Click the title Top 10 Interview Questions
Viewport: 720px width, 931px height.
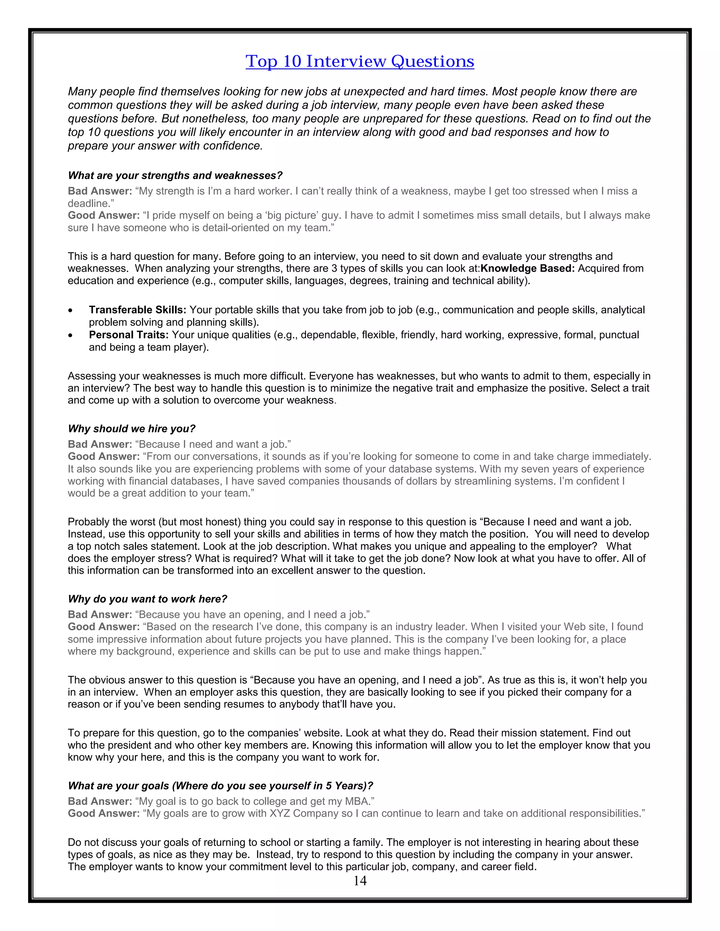[360, 61]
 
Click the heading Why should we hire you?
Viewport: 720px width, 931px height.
[131, 429]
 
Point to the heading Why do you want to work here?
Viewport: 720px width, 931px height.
[147, 599]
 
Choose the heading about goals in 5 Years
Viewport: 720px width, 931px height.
[220, 786]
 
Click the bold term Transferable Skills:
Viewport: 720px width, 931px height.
[137, 310]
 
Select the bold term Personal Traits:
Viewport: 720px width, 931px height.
[128, 335]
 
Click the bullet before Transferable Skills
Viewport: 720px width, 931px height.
[70, 310]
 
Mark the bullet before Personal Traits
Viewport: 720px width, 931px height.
[70, 336]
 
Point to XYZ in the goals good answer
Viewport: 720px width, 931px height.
[280, 813]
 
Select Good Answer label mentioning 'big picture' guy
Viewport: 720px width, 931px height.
[104, 215]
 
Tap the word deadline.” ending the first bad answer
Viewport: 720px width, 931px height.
[91, 203]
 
